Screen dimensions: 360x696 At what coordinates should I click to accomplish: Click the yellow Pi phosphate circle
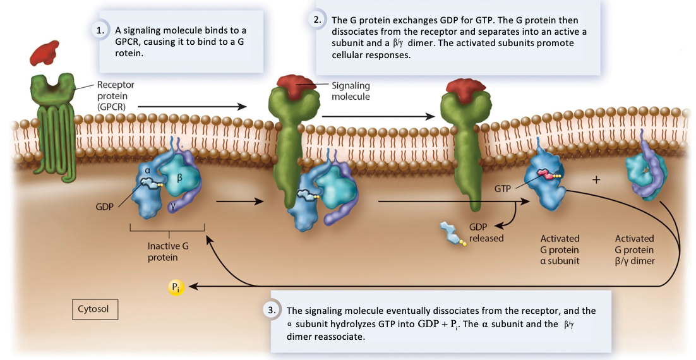click(175, 287)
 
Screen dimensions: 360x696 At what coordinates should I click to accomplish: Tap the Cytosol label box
click(94, 309)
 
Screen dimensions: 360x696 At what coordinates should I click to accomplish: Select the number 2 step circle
click(317, 19)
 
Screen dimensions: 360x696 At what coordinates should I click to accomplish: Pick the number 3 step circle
click(270, 310)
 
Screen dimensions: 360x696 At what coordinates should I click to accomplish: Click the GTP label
click(503, 188)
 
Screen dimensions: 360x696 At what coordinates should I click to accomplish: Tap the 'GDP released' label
click(486, 232)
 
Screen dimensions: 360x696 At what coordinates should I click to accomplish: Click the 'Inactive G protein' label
click(168, 251)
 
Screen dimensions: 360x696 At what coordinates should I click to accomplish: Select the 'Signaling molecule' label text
click(351, 91)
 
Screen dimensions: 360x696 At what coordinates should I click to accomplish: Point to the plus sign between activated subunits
click(596, 180)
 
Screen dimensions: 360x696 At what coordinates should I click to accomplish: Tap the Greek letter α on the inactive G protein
click(147, 170)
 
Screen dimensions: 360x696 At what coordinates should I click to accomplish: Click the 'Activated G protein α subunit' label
click(560, 249)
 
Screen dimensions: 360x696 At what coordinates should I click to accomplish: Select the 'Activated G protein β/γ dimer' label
click(634, 249)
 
